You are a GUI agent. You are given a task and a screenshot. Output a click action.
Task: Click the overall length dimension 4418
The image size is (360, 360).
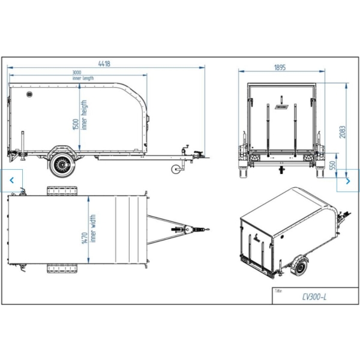(x=104, y=64)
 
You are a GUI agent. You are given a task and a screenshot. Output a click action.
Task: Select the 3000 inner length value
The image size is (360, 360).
(x=77, y=73)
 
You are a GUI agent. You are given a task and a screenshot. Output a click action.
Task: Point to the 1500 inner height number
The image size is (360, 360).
(x=76, y=124)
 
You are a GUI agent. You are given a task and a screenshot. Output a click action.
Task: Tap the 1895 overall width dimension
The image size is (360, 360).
(x=280, y=67)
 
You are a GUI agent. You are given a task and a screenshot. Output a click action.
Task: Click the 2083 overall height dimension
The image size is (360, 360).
(x=343, y=132)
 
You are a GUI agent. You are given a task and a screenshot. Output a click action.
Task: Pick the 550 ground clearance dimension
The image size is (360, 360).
(x=332, y=165)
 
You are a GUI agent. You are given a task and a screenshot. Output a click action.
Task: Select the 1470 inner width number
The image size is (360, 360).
(x=85, y=238)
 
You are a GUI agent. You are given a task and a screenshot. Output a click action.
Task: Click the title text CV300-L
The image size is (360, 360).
(x=314, y=298)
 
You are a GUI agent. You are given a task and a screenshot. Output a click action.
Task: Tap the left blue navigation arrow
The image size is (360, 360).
(x=12, y=180)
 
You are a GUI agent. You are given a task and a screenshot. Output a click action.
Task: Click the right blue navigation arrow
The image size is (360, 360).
(x=348, y=181)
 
